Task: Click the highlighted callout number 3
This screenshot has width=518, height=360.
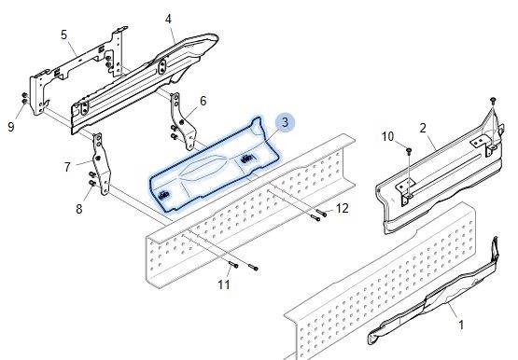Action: point(285,122)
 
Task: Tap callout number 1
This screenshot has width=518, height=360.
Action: point(461,325)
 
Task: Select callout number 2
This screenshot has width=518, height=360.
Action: point(423,128)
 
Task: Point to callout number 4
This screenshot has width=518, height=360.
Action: point(168,20)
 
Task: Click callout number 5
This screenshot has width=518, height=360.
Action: point(64,35)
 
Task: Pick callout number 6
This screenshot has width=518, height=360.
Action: point(203,101)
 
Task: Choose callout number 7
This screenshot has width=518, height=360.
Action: point(67,167)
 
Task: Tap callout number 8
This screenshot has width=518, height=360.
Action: point(79,209)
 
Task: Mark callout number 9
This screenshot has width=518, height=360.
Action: point(11,127)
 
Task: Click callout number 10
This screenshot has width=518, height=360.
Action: point(388,136)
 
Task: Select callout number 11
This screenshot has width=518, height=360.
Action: point(223,284)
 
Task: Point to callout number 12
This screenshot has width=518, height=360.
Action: point(342,209)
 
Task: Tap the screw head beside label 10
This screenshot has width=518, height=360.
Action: point(409,151)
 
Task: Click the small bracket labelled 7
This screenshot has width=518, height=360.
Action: point(102,164)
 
